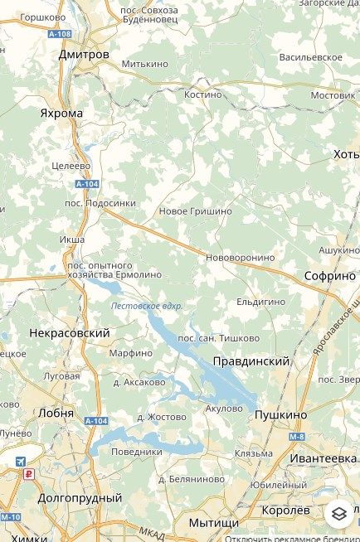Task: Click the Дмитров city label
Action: click(84, 54)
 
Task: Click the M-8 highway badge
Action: click(298, 436)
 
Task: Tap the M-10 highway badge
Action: click(10, 517)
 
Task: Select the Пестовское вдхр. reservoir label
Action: click(147, 306)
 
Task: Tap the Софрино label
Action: click(329, 276)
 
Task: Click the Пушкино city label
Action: click(280, 414)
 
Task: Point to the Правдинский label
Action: click(251, 361)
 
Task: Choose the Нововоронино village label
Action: click(240, 258)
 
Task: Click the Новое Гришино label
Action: click(195, 212)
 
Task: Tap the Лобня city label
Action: click(56, 412)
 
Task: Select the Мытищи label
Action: click(213, 523)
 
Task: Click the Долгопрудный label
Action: click(80, 498)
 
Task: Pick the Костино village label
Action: click(203, 94)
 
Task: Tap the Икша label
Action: click(72, 240)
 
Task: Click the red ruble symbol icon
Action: click(28, 475)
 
